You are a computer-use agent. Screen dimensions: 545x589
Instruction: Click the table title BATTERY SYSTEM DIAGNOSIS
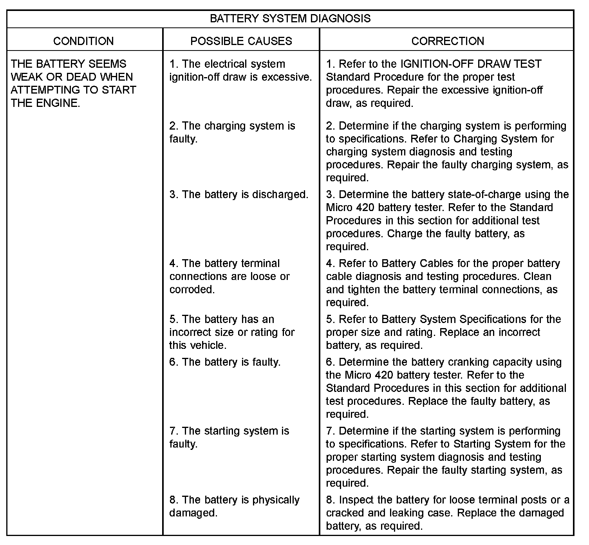[x=290, y=19]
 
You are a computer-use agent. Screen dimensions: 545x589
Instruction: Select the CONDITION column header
[x=83, y=41]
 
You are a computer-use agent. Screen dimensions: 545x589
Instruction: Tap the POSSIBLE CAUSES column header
[x=241, y=41]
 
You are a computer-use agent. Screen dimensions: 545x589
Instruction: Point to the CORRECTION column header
[x=448, y=41]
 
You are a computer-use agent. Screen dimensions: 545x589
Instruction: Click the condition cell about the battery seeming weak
[x=73, y=83]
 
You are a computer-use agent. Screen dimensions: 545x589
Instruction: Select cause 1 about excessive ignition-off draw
[x=240, y=70]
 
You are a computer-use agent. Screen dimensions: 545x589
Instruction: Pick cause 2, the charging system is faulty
[x=232, y=132]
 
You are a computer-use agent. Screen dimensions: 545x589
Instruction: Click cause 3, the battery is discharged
[x=239, y=195]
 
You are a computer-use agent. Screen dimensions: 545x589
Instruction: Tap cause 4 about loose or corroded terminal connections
[x=229, y=276]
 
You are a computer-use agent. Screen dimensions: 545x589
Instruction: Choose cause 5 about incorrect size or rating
[x=232, y=332]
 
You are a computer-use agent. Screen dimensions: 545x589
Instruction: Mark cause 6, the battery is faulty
[x=225, y=362]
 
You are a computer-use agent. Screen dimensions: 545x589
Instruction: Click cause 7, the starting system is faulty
[x=229, y=437]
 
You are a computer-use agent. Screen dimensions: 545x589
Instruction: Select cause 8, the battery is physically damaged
[x=234, y=506]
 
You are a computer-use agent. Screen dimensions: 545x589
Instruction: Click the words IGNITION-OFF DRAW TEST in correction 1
[x=470, y=64]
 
